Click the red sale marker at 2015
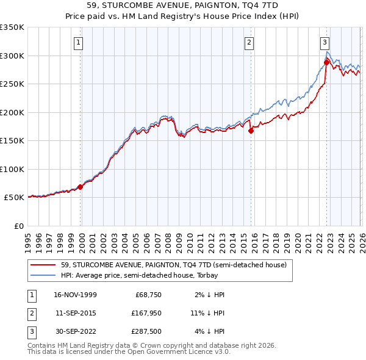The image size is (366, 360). click(251, 130)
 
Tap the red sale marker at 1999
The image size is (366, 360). click(81, 187)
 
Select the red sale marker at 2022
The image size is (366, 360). click(326, 62)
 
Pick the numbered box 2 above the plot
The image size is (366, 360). click(250, 42)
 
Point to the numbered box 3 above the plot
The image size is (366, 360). click(326, 42)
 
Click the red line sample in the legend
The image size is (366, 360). click(43, 265)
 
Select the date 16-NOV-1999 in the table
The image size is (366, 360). click(75, 295)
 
